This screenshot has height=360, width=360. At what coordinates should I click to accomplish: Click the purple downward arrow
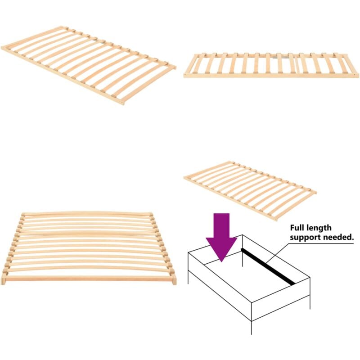pos(221,234)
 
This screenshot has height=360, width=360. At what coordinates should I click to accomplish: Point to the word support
pos(306,237)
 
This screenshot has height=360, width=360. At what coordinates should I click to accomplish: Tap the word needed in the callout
pos(338,237)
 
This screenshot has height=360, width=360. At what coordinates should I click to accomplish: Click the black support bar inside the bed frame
pos(268,266)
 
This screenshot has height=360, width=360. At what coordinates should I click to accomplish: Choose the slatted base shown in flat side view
pos(271,66)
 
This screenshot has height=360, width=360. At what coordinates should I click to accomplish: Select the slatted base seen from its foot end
pos(90,247)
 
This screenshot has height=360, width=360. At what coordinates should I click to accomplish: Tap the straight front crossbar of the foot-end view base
pos(90,279)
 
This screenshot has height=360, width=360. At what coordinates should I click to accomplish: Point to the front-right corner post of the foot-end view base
pos(174,279)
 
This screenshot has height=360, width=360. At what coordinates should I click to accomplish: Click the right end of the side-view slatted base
pos(356,74)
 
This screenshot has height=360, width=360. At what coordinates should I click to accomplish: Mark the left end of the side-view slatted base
pos(186,74)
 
